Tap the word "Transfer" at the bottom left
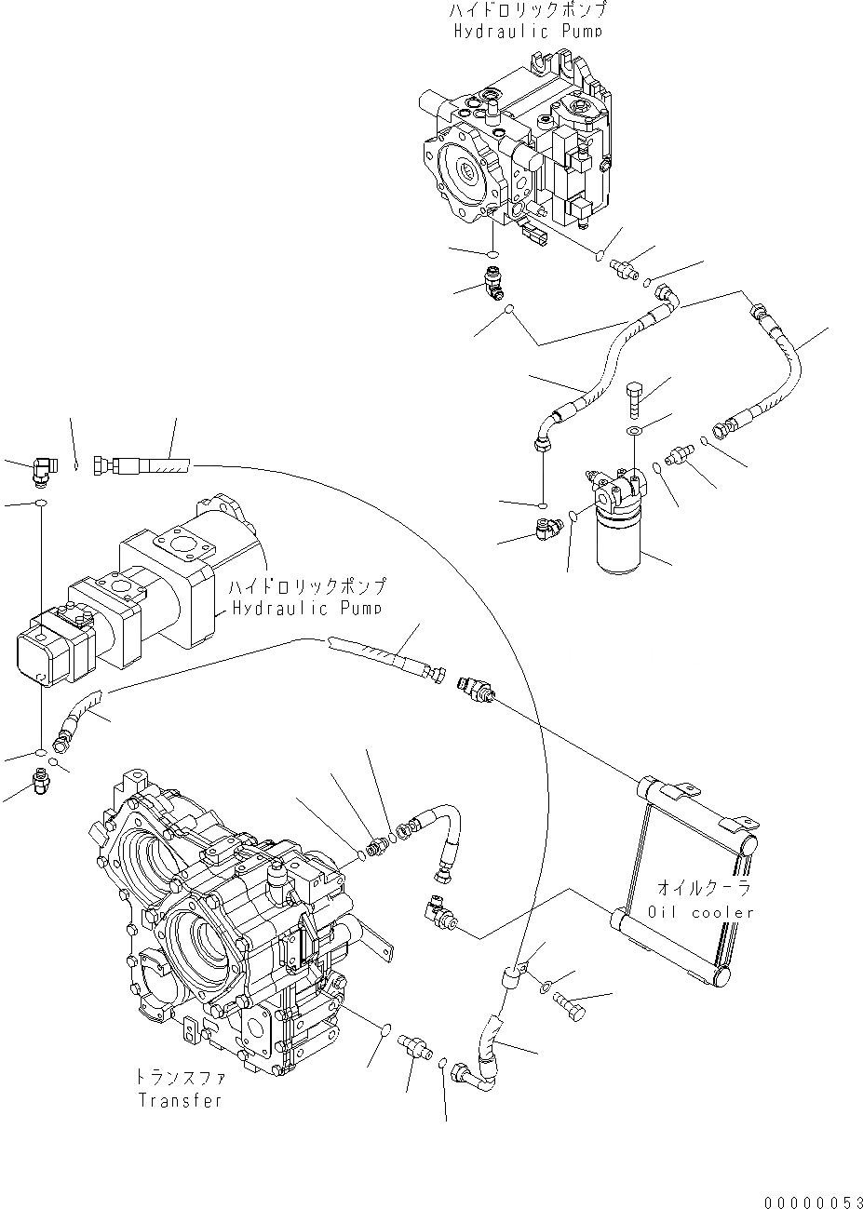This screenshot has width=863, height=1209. [181, 1100]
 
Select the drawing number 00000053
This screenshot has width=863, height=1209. [808, 1202]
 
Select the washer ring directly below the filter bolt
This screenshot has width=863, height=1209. [634, 431]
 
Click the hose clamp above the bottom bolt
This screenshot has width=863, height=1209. [513, 974]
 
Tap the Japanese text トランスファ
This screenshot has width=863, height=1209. [181, 1077]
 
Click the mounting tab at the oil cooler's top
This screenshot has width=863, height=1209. [681, 791]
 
